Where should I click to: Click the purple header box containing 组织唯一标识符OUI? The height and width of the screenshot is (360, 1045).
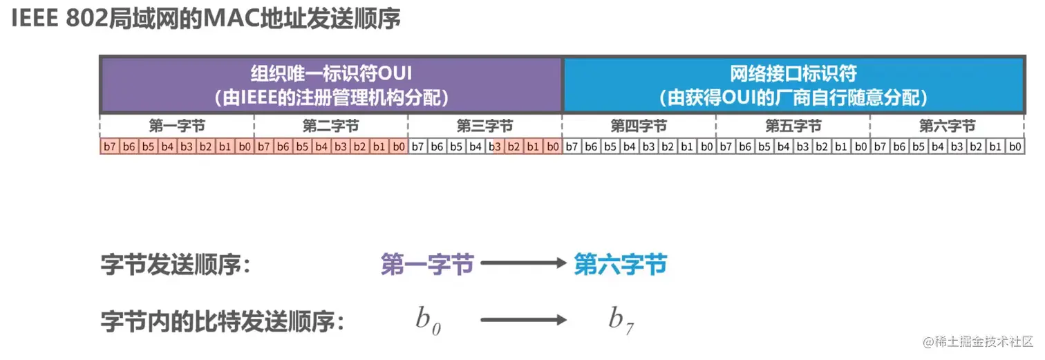tap(331, 85)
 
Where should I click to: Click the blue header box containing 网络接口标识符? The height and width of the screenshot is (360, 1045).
tap(793, 85)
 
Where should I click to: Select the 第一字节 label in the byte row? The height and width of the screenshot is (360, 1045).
tap(177, 126)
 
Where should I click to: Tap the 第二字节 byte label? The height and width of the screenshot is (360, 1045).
tap(331, 126)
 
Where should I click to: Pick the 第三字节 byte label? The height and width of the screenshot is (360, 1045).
tap(485, 126)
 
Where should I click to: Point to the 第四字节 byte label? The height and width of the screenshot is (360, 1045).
tap(639, 126)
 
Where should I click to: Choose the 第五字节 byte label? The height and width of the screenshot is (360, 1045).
tap(793, 126)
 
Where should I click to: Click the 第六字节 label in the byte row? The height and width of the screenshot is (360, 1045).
tap(948, 126)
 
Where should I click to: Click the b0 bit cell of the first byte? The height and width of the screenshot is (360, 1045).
tap(244, 146)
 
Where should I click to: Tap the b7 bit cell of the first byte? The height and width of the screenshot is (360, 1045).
tap(109, 146)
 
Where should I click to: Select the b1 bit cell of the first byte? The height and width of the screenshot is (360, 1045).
tap(225, 146)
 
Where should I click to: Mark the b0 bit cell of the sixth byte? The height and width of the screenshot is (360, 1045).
tap(1015, 146)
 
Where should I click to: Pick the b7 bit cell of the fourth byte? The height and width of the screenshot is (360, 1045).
tap(572, 146)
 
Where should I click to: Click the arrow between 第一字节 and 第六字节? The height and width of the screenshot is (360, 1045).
tap(523, 263)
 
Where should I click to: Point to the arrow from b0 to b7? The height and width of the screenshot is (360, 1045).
tap(523, 319)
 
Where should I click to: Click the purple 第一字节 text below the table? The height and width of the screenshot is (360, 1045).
tap(427, 264)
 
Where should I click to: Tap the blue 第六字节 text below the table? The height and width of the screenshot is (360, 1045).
tap(621, 264)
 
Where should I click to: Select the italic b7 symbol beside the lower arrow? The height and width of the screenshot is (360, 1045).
tap(621, 320)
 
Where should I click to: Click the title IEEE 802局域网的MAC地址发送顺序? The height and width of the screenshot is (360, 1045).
tap(206, 19)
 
